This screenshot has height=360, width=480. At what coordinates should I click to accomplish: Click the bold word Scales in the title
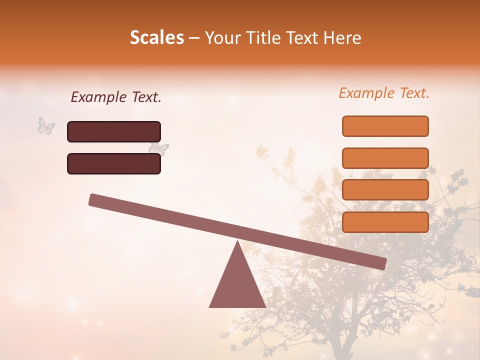click(x=156, y=38)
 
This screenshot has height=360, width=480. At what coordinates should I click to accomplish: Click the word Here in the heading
click(x=341, y=38)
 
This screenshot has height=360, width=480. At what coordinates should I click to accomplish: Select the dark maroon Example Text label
click(x=116, y=97)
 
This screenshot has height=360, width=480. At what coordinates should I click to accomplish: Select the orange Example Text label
click(x=384, y=93)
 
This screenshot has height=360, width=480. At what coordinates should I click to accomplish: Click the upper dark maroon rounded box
click(x=114, y=131)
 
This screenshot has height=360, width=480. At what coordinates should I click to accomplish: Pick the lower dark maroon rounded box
click(x=114, y=163)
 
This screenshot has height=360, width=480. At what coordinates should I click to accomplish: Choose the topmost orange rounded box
click(x=385, y=126)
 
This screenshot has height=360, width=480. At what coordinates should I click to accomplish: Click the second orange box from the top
click(x=385, y=158)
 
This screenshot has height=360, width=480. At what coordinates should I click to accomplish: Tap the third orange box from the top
click(x=385, y=190)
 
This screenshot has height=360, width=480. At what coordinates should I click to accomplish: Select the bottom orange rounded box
click(x=385, y=222)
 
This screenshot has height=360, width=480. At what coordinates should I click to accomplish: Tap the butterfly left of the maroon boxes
click(x=46, y=125)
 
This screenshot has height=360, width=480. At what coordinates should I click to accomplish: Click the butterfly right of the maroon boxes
click(x=159, y=148)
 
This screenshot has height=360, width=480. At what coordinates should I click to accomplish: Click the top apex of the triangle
click(x=237, y=242)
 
